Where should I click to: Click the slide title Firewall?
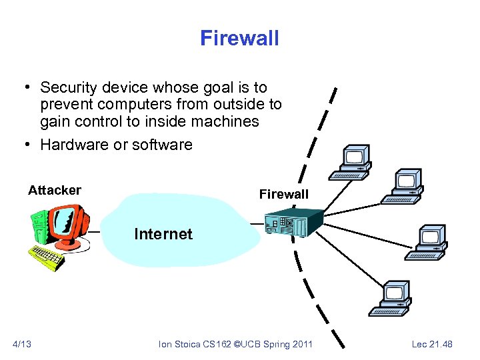(239, 38)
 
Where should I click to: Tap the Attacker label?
(55, 191)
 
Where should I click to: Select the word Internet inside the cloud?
(163, 234)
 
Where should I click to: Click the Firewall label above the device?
(284, 194)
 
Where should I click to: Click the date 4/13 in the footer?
(22, 344)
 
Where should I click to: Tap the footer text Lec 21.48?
(432, 344)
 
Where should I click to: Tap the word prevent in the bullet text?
(63, 105)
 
